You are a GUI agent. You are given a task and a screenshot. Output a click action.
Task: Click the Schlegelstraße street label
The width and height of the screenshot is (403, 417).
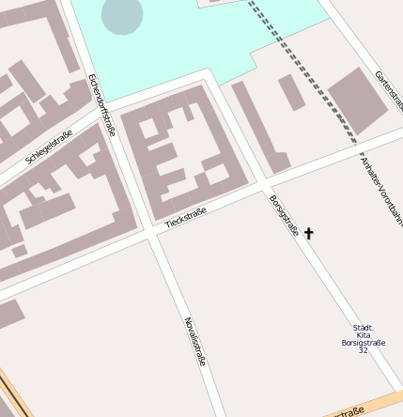click(49, 147)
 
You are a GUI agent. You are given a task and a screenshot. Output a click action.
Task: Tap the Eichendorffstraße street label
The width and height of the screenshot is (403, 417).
click(101, 104)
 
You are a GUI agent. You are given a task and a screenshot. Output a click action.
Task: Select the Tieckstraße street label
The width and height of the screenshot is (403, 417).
click(185, 219)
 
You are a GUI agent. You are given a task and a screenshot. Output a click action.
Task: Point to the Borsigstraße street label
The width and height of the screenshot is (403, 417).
click(283, 215)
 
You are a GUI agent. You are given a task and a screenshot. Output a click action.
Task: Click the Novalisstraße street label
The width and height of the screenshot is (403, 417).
click(194, 341)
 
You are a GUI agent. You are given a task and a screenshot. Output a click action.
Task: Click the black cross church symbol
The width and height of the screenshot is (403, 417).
click(308, 233)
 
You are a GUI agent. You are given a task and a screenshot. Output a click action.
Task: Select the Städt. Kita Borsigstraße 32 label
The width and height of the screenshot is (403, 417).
click(363, 338)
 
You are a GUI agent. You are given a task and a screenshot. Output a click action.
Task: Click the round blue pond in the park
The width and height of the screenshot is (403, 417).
click(121, 15)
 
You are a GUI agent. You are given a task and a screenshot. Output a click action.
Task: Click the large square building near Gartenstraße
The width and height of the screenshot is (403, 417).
click(357, 100)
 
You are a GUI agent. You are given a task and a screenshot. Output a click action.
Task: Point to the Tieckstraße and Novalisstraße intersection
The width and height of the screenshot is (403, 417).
click(152, 235)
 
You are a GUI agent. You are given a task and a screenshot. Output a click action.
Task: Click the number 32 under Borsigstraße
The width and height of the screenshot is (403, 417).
click(363, 350)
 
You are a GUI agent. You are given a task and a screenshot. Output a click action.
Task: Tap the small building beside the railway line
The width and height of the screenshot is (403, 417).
click(291, 91)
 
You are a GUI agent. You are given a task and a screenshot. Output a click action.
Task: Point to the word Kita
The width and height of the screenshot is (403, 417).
click(363, 335)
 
